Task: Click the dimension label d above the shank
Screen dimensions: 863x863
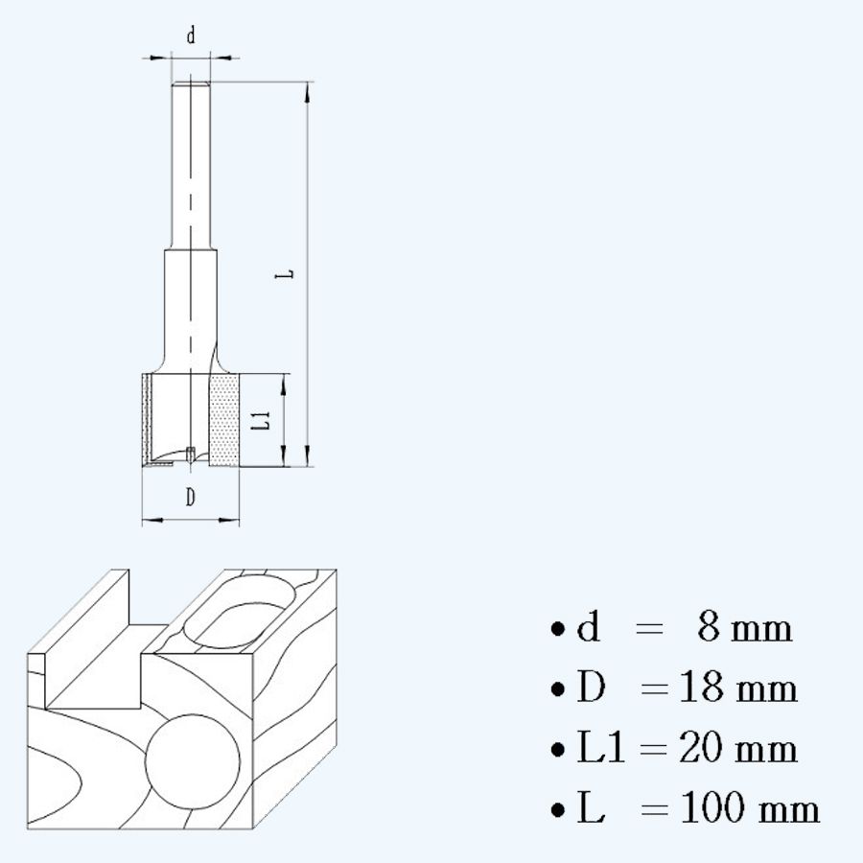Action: click(x=191, y=36)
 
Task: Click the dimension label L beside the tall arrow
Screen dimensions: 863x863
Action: click(x=284, y=273)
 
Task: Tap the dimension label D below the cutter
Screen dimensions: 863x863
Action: click(x=191, y=497)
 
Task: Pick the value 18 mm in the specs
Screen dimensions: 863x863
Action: click(x=738, y=688)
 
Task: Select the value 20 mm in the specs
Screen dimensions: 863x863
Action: click(x=738, y=748)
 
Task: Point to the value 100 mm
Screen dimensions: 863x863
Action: click(x=750, y=808)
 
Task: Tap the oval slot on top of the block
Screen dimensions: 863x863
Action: click(x=236, y=612)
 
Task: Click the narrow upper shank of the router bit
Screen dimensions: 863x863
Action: click(x=191, y=163)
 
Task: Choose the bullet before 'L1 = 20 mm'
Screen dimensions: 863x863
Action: click(x=557, y=749)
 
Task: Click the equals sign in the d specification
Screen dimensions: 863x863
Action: click(x=649, y=630)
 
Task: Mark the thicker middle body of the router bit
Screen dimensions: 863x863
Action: click(x=191, y=307)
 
